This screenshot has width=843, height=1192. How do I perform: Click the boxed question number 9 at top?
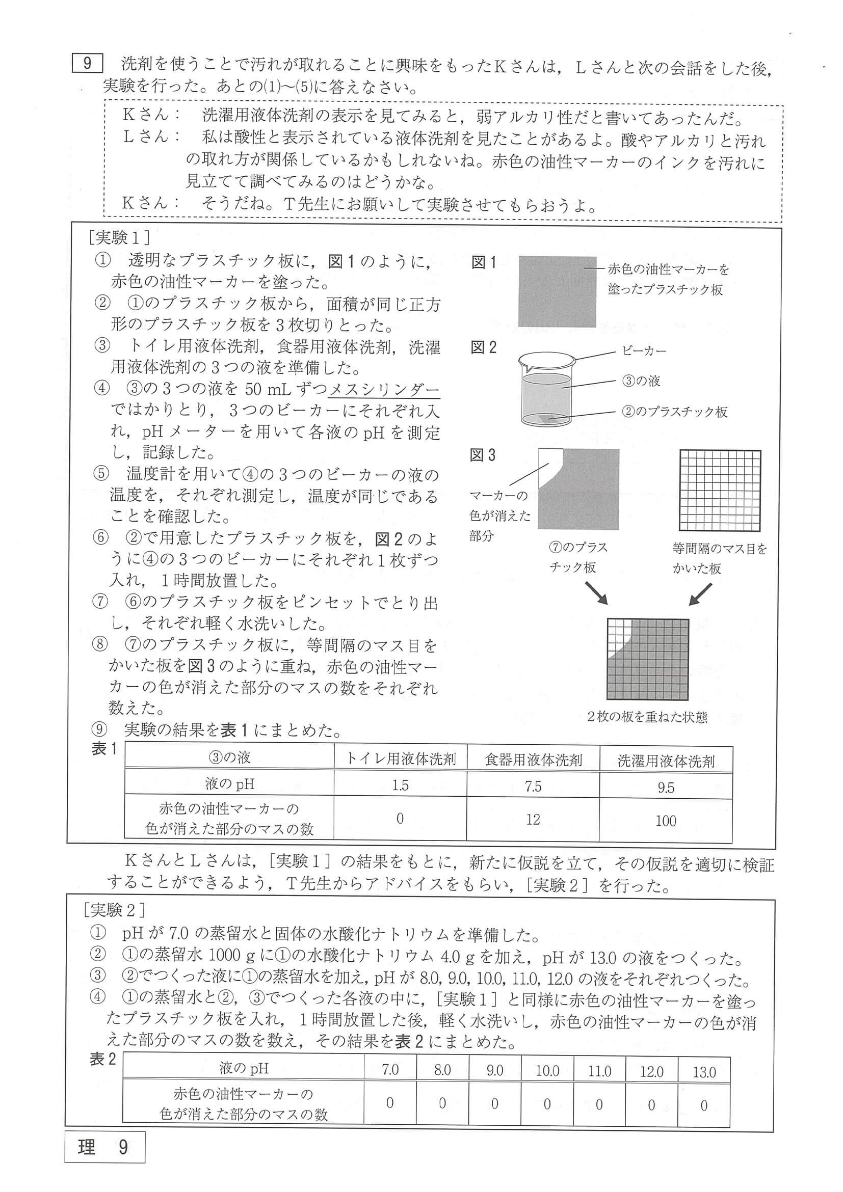(87, 63)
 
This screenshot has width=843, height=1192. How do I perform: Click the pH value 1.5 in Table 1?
(400, 785)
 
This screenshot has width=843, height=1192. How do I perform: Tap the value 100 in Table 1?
(665, 821)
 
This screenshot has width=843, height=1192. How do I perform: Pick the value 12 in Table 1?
(533, 820)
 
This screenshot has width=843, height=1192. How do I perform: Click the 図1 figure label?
(484, 263)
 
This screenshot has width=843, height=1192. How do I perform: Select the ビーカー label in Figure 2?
(644, 351)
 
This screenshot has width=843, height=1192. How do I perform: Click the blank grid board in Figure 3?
(720, 490)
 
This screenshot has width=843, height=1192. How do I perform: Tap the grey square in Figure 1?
(557, 291)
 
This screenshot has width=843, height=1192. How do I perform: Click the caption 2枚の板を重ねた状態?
(647, 717)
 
